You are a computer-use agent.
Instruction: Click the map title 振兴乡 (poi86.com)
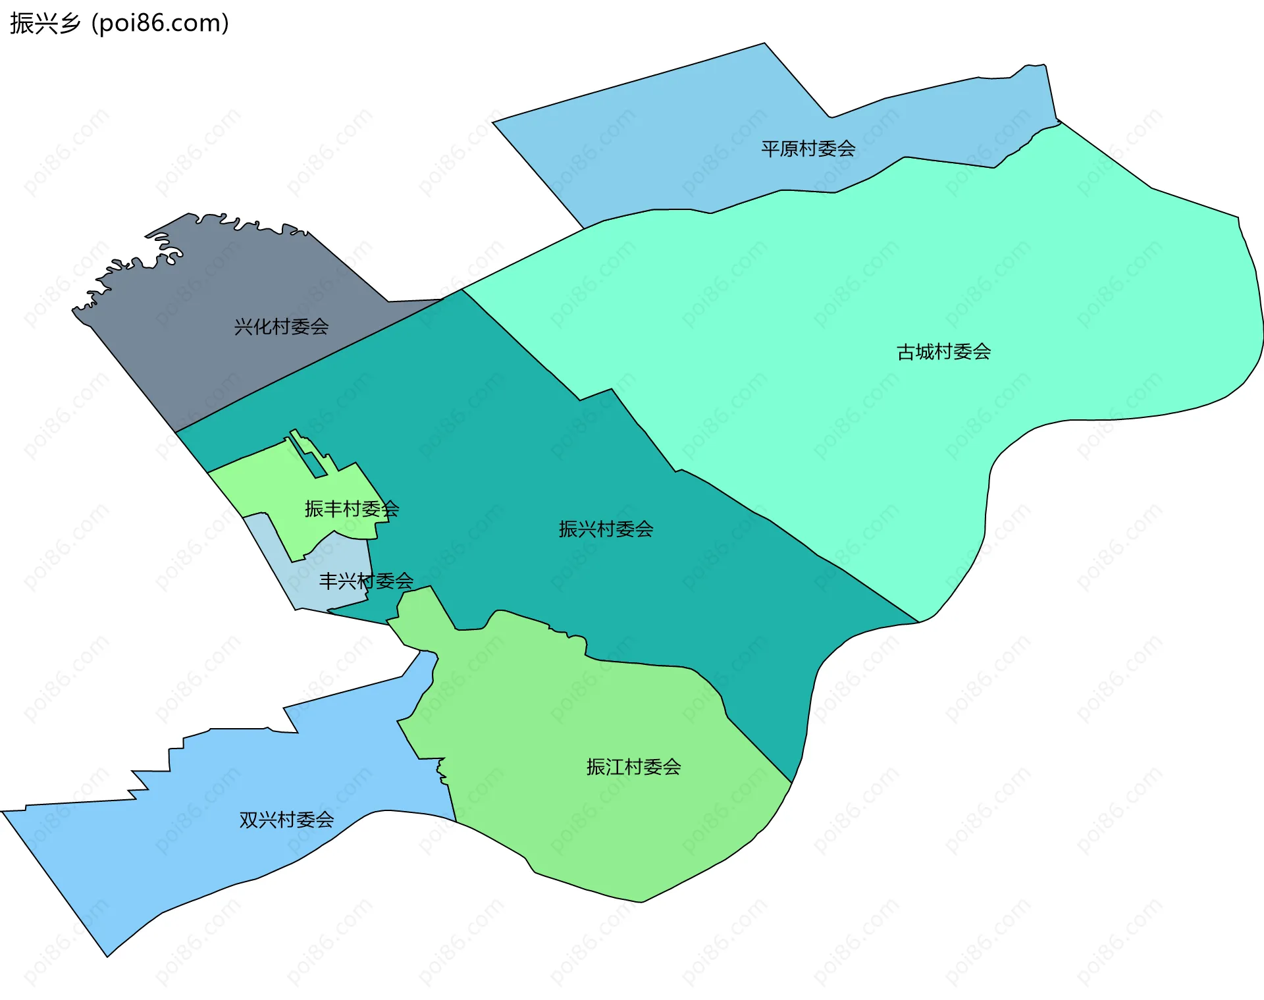[119, 24]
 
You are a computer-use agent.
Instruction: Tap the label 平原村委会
[808, 149]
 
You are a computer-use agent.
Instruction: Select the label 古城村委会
[943, 352]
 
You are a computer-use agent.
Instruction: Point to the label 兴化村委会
[281, 327]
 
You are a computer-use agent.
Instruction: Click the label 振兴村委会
[606, 529]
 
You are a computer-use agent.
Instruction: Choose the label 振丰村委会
[352, 509]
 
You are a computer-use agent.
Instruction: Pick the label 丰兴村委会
[366, 581]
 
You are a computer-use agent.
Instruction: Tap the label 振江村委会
[633, 767]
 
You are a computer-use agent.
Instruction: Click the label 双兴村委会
[286, 820]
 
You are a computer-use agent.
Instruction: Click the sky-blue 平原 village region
[658, 151]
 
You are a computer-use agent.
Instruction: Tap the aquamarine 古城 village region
[987, 276]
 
